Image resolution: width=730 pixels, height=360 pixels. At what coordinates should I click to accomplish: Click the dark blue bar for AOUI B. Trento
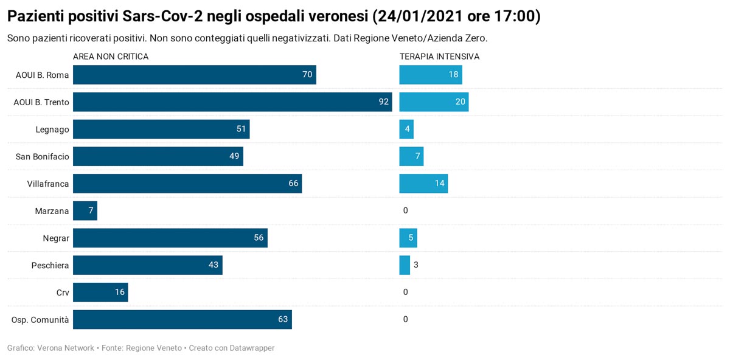232,102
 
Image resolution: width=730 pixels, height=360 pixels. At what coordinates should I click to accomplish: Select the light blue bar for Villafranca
423,184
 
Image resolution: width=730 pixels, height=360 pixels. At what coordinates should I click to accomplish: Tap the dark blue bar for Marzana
85,211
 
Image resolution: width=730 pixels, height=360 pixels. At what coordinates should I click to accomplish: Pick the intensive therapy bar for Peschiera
405,265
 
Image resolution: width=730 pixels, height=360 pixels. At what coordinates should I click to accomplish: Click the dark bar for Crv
100,292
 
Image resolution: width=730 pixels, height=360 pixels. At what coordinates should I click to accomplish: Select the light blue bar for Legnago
406,130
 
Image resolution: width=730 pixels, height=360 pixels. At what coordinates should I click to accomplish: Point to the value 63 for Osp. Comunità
283,319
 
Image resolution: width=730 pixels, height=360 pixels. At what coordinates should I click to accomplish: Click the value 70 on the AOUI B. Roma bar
307,75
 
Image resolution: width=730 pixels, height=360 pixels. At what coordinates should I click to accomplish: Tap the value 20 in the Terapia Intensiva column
461,102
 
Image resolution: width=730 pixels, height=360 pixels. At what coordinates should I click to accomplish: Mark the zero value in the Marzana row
406,210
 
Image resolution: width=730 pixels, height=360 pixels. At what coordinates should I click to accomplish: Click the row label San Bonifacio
43,157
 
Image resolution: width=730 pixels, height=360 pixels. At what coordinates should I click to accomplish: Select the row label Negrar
56,238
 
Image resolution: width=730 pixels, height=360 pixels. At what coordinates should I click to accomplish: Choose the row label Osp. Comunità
40,320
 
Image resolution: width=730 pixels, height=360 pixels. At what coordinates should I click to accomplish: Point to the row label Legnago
52,130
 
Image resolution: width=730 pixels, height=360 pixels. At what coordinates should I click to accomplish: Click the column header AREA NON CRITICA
111,57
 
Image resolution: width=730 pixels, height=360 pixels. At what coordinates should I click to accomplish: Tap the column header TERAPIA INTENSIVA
439,57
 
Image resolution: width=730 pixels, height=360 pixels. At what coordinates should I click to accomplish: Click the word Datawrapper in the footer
252,348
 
